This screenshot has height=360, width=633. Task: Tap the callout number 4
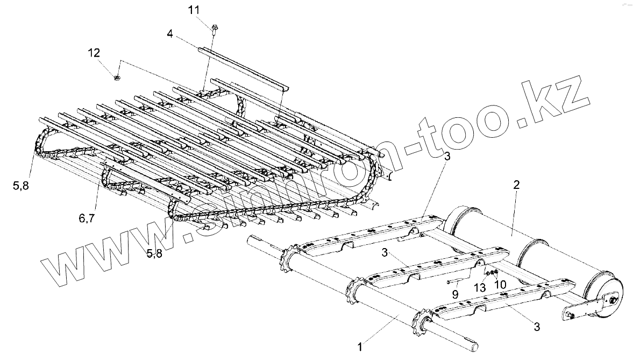tap(170, 34)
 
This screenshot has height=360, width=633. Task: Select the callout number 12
tap(94, 53)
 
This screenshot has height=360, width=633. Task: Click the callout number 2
tap(516, 185)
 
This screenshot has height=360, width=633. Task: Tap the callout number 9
tap(456, 294)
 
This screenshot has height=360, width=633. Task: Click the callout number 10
tap(500, 283)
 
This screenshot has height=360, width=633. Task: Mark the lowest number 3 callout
tap(537, 326)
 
